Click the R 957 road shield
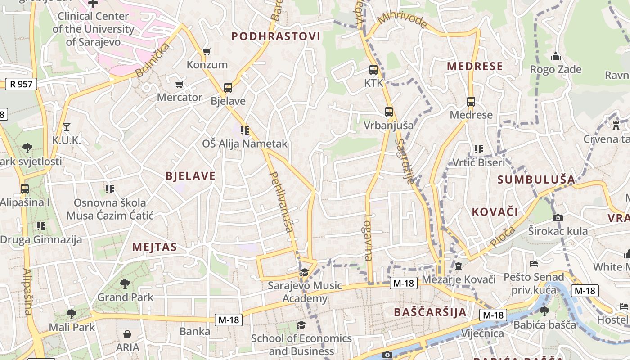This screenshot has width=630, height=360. (21, 84)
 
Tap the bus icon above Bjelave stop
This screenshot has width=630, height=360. (228, 87)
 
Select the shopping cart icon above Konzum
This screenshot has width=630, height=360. (207, 51)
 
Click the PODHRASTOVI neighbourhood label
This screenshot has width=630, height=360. (276, 36)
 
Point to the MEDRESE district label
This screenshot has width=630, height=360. (475, 67)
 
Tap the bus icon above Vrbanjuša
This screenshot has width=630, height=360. (388, 112)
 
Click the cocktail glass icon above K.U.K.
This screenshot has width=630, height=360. (67, 127)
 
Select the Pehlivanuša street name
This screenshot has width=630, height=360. (281, 202)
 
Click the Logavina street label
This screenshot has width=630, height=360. (368, 237)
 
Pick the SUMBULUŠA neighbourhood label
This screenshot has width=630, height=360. (536, 180)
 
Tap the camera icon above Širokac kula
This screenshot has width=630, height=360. (558, 218)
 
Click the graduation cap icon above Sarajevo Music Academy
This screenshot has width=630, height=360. (305, 272)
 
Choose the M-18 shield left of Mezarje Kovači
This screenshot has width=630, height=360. (403, 283)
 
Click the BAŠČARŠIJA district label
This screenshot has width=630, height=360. (430, 312)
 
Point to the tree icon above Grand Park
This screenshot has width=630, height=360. (125, 284)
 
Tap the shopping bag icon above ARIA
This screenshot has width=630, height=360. (127, 334)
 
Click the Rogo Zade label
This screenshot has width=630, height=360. (556, 69)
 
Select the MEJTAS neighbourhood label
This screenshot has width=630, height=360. (154, 247)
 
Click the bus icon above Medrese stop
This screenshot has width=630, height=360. (471, 102)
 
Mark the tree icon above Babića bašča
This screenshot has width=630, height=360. (544, 311)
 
